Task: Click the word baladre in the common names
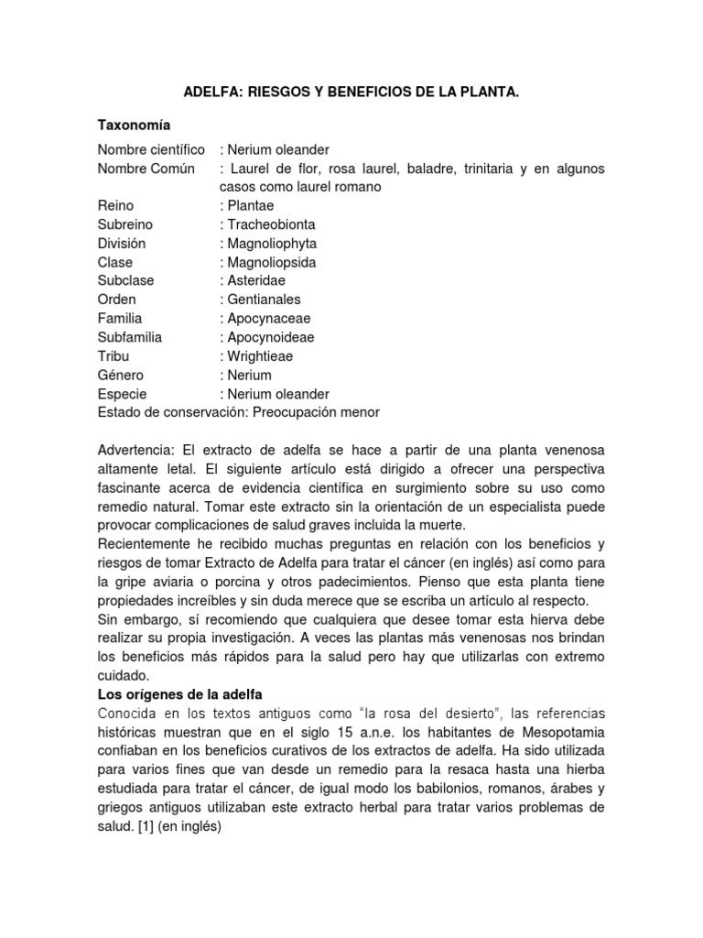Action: (421, 169)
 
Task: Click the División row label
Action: (122, 244)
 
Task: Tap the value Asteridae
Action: (257, 281)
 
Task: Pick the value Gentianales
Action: (264, 300)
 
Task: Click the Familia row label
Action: (120, 319)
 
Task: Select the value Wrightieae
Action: (260, 356)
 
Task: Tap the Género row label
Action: (121, 375)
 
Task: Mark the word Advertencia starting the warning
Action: (136, 451)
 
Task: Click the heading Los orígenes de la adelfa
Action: (180, 694)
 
